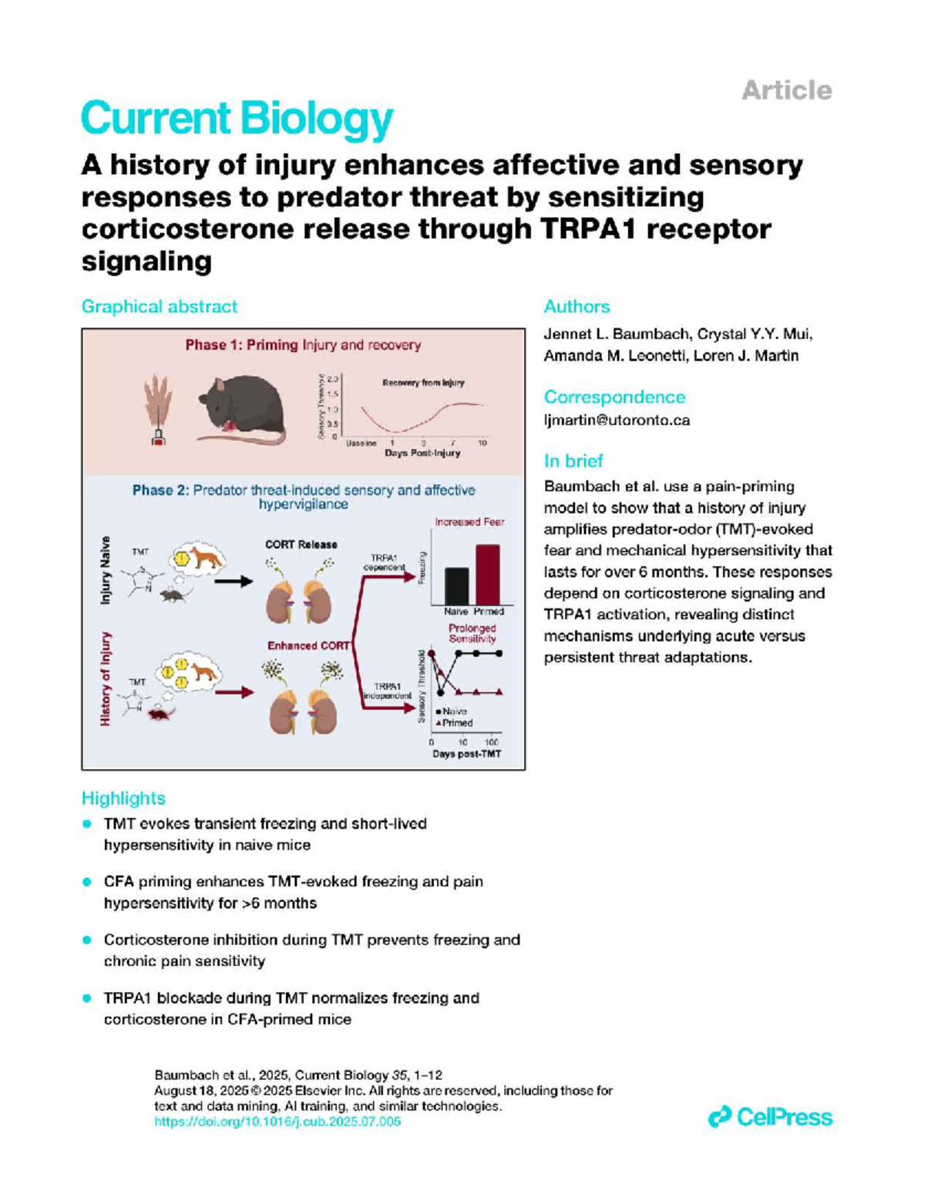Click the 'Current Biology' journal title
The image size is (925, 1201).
click(x=237, y=119)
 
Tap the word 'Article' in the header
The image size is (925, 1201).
click(x=786, y=91)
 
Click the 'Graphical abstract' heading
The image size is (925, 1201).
click(x=159, y=307)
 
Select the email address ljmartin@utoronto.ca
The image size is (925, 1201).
click(x=617, y=420)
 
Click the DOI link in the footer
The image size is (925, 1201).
click(x=277, y=1122)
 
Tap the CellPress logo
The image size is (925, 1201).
click(x=770, y=1117)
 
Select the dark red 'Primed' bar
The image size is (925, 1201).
click(x=487, y=574)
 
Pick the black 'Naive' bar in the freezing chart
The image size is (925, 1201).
click(x=456, y=586)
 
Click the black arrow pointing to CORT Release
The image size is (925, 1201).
click(x=233, y=581)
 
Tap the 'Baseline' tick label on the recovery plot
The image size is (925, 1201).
click(x=361, y=443)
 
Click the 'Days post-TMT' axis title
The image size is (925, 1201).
click(x=466, y=754)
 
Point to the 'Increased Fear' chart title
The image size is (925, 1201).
click(x=469, y=522)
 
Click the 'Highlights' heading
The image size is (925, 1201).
click(x=123, y=799)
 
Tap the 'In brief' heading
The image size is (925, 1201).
click(x=573, y=461)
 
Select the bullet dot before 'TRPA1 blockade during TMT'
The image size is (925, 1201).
click(x=87, y=998)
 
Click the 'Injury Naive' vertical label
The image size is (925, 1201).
click(x=106, y=570)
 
